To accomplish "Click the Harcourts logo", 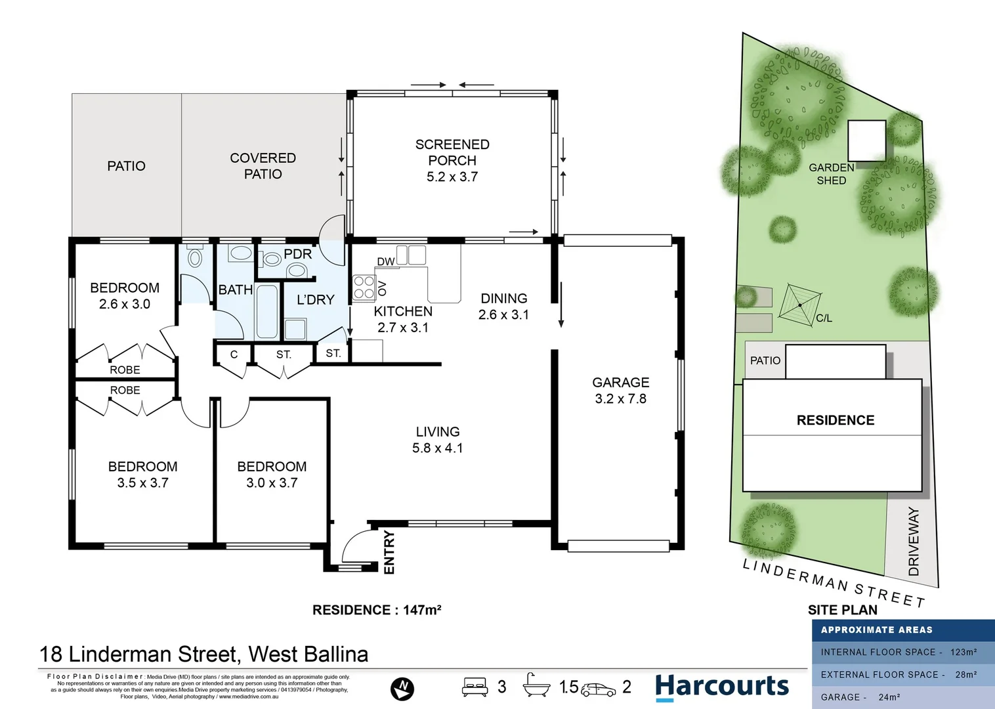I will (x=722, y=687).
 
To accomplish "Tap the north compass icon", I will (x=402, y=688).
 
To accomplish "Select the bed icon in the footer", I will (x=475, y=687).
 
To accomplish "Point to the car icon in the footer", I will (x=598, y=689).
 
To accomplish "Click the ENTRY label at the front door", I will (x=389, y=552).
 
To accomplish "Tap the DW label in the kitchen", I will (x=386, y=261).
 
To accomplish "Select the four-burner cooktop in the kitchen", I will (x=364, y=288).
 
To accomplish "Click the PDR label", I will (x=298, y=254).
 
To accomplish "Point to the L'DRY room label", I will (x=316, y=300).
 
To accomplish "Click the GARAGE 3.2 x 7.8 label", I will (x=620, y=391).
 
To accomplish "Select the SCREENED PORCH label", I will (x=452, y=160).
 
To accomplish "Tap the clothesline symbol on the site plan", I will (x=800, y=304).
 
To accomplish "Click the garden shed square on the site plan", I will (x=866, y=140).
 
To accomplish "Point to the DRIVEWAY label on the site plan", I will (x=914, y=542).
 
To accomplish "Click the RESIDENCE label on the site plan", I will (x=836, y=420).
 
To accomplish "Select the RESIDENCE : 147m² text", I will (x=377, y=610).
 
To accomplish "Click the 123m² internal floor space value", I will (x=963, y=652).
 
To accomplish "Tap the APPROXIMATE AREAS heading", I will (x=876, y=630).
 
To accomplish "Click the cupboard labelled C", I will (x=234, y=354).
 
